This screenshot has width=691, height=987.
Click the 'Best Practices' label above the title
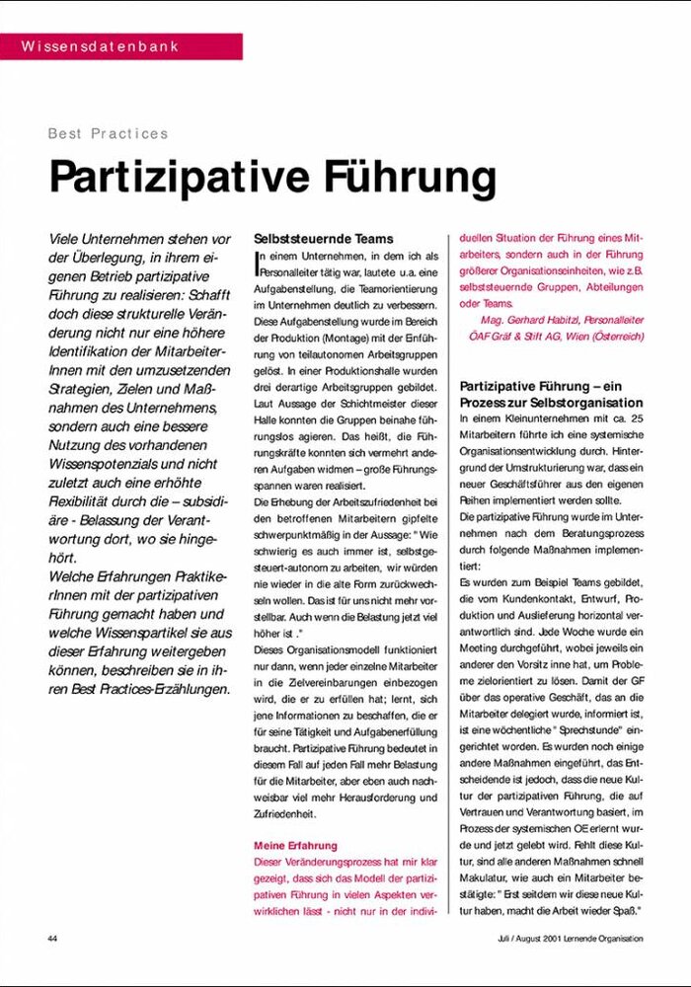click(x=109, y=133)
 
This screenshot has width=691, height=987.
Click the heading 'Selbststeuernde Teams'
click(x=324, y=239)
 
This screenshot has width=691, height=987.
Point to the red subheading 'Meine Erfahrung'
click(x=296, y=846)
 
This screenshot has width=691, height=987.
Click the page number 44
click(x=52, y=938)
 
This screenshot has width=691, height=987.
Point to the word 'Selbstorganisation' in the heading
click(x=587, y=403)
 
